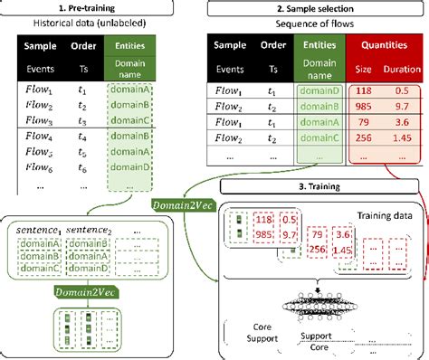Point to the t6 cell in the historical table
pos(81,168)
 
